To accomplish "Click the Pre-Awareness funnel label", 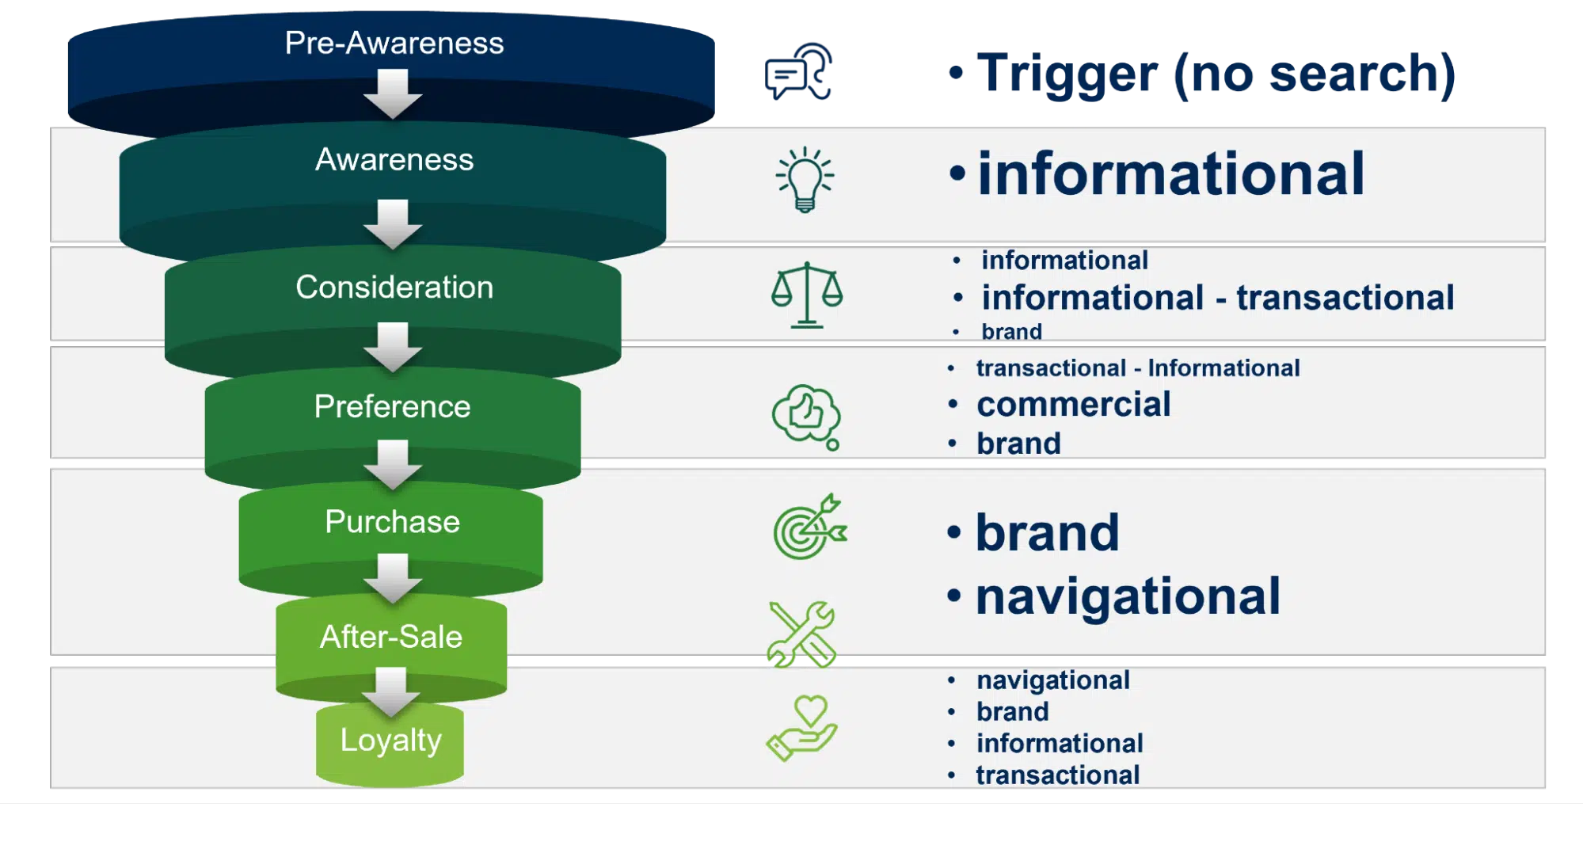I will [x=394, y=43].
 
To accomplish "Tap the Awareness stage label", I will [x=394, y=160].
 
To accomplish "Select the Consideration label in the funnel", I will [x=394, y=287].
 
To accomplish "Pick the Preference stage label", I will [x=392, y=406].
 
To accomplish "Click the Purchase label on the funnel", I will [x=392, y=522].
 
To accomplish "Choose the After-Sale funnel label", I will [x=390, y=637].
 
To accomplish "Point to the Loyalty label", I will [x=390, y=740].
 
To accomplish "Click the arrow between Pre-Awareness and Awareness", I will [x=392, y=93].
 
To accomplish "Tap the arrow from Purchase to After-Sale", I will [x=392, y=577].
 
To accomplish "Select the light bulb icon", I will [x=805, y=179].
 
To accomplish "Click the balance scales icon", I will [x=807, y=295].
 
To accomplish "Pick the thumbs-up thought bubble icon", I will [x=806, y=417].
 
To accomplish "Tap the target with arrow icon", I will [x=809, y=527].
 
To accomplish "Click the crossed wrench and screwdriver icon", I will [x=801, y=634].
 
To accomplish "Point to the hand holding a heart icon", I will [x=801, y=728].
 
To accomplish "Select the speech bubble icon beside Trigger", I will [x=797, y=72].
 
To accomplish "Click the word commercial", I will [x=1073, y=405].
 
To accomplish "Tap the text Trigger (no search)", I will [x=1216, y=74].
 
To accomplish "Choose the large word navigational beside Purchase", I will [x=1127, y=596].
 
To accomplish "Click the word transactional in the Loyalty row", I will [x=1057, y=775].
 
